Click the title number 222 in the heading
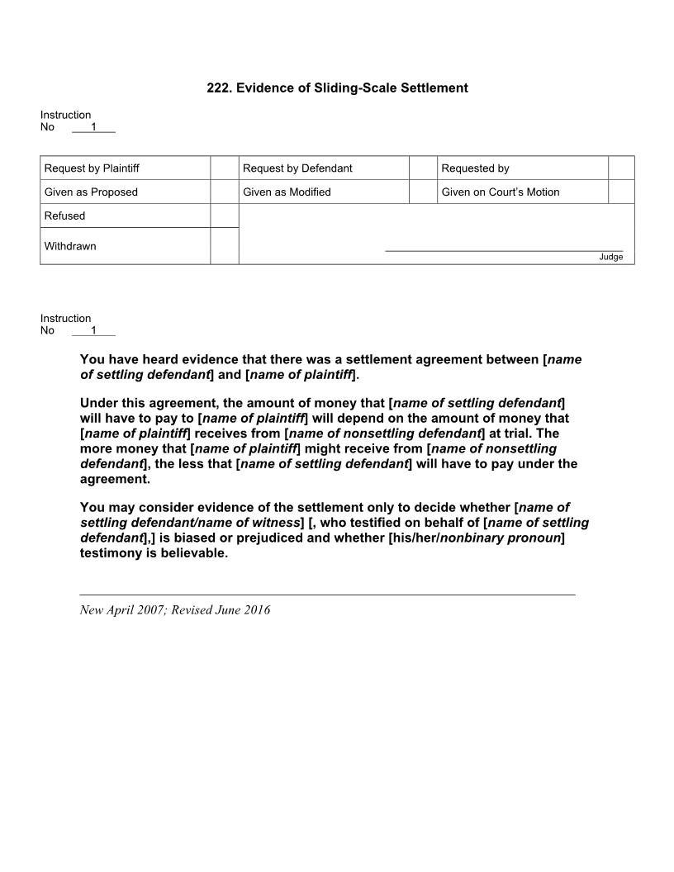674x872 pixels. pyautogui.click(x=217, y=88)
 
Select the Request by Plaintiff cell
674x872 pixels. pyautogui.click(x=125, y=168)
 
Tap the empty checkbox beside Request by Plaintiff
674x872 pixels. pyautogui.click(x=225, y=168)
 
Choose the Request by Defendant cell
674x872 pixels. pyautogui.click(x=324, y=168)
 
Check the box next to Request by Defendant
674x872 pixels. pyautogui.click(x=423, y=168)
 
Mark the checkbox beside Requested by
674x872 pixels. pyautogui.click(x=621, y=168)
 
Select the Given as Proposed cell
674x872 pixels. pyautogui.click(x=125, y=192)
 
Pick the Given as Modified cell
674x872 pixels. pyautogui.click(x=324, y=192)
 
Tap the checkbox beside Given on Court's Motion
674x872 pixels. pyautogui.click(x=621, y=192)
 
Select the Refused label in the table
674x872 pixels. pyautogui.click(x=65, y=216)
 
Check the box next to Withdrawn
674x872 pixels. pyautogui.click(x=225, y=246)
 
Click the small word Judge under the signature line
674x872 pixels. pyautogui.click(x=611, y=257)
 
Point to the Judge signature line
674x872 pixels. pyautogui.click(x=504, y=250)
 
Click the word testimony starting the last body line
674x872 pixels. pyautogui.click(x=112, y=553)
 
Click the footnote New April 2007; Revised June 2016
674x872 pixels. pyautogui.click(x=175, y=610)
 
